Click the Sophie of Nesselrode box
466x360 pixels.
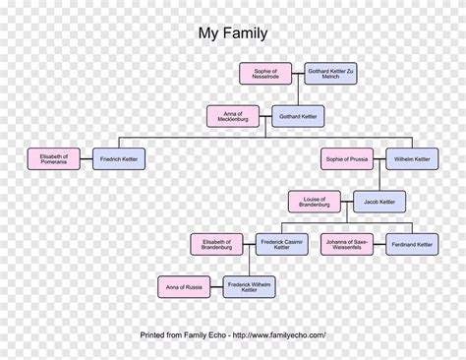264,74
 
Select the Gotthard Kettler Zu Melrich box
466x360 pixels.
330,74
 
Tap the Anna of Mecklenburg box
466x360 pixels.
233,116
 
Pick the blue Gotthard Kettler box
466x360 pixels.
298,117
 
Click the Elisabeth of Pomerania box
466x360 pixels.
54,158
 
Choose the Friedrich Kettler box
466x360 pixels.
119,158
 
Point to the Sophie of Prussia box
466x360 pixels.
346,158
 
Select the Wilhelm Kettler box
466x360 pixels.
412,158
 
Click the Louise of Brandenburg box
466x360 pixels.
315,202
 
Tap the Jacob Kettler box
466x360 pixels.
379,202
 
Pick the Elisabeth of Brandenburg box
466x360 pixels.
216,244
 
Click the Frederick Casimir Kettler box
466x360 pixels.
282,244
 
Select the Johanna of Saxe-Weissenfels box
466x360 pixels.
346,244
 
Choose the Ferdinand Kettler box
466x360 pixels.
412,244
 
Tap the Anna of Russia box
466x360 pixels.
184,287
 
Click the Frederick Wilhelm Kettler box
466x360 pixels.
250,287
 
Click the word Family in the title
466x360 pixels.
246,33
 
